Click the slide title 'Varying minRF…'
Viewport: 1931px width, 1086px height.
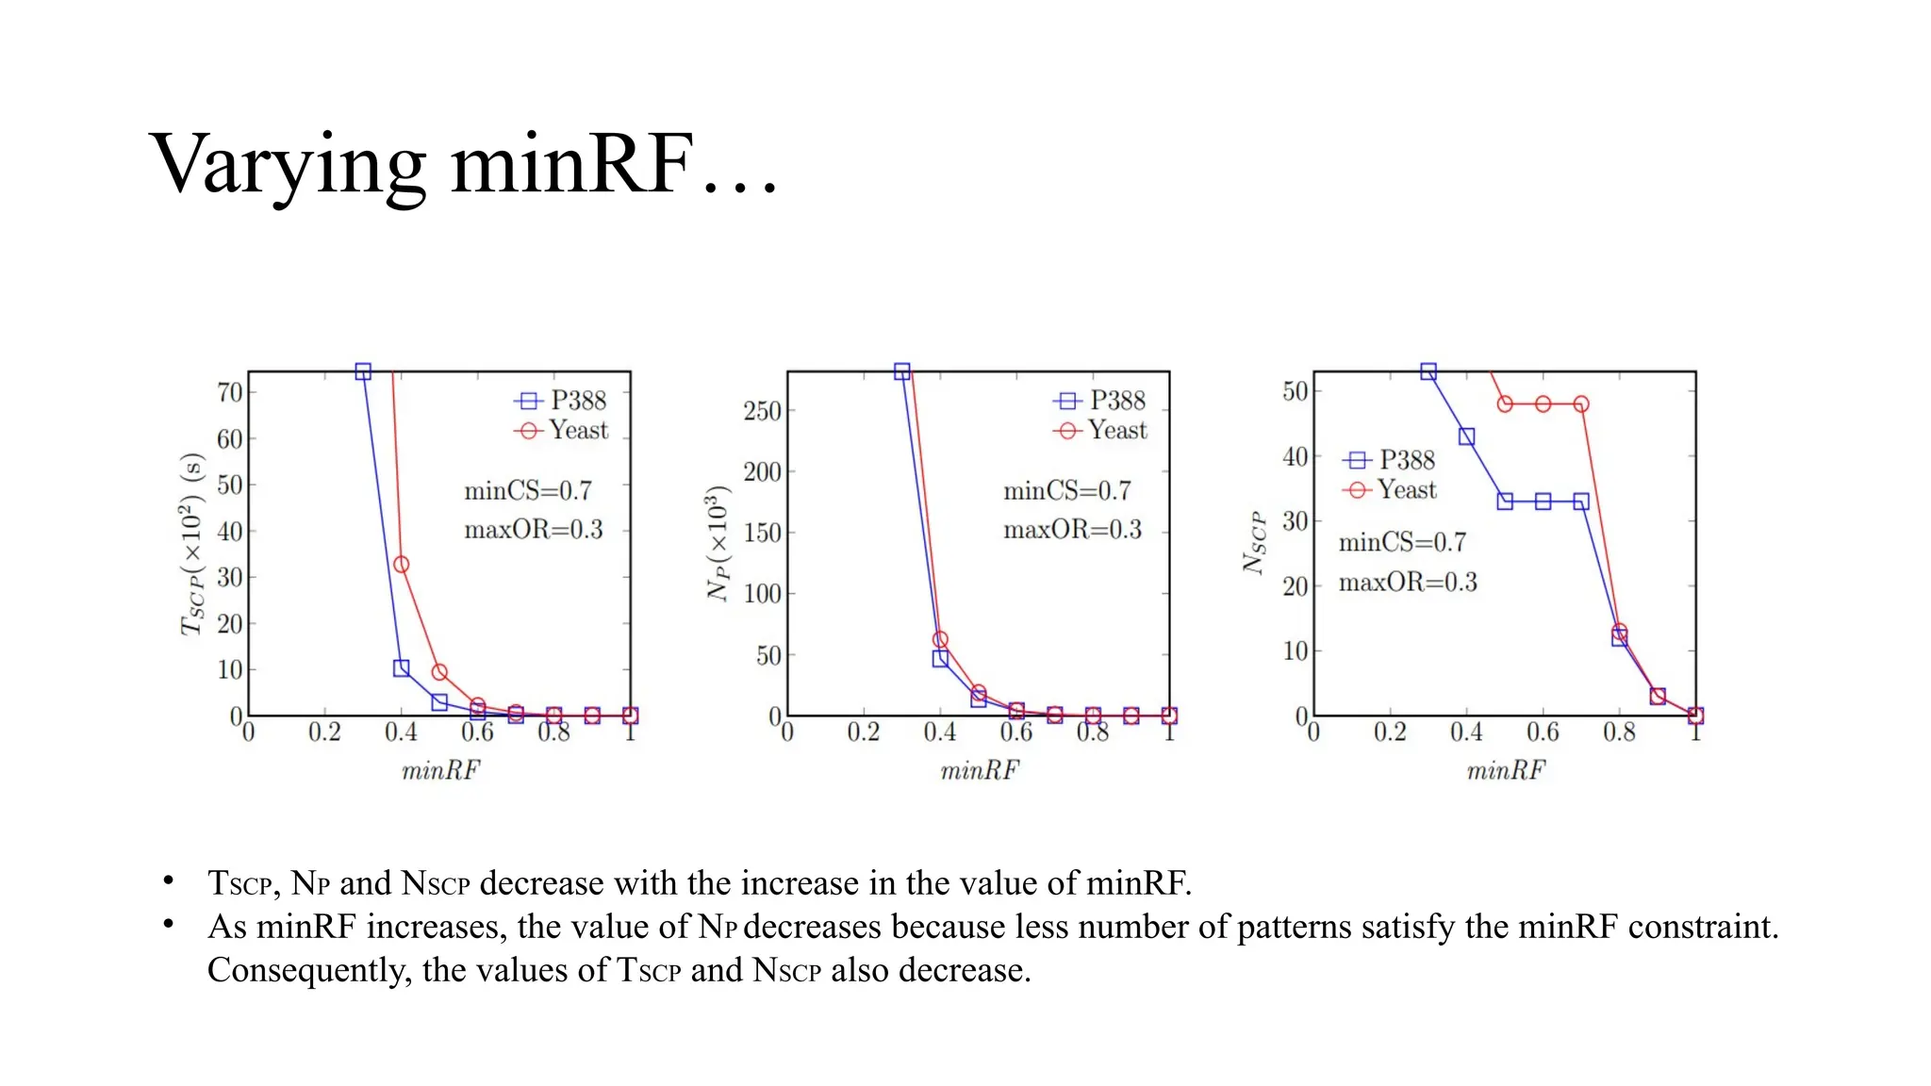pos(464,165)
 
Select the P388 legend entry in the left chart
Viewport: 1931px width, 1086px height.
pos(562,401)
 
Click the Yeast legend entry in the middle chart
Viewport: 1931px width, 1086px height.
pos(1100,431)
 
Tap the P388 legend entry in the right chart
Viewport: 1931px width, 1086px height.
pos(1389,460)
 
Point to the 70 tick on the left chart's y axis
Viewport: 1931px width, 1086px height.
pos(230,392)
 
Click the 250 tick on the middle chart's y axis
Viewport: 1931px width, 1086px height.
pos(762,411)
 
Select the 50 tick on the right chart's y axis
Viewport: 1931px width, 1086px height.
pos(1296,391)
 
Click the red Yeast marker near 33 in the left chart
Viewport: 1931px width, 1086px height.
pos(401,565)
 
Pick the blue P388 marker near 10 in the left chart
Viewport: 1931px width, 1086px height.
pos(401,668)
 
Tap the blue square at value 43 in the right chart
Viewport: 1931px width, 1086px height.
pos(1466,436)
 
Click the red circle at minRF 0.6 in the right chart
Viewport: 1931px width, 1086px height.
pos(1543,404)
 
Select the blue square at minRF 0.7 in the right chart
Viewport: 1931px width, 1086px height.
pos(1581,502)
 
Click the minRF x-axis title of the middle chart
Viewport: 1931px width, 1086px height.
pos(980,771)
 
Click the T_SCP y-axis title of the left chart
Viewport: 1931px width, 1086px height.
pos(191,545)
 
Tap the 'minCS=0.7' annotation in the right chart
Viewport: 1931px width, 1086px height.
pos(1402,542)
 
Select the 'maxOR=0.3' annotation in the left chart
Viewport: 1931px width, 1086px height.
pos(533,530)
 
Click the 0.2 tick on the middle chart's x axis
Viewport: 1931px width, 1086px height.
pos(863,732)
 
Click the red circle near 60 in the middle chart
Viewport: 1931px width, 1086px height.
pos(940,640)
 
